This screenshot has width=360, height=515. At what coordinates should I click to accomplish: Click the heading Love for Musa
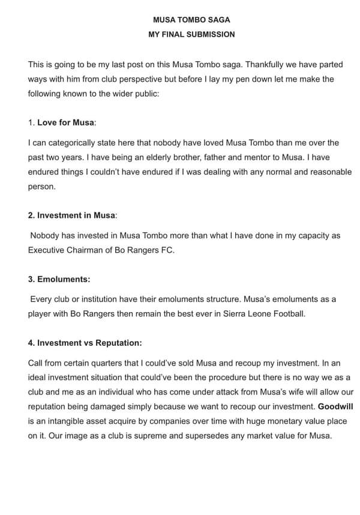click(x=66, y=122)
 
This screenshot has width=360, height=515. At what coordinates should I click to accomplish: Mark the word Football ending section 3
click(x=287, y=313)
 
